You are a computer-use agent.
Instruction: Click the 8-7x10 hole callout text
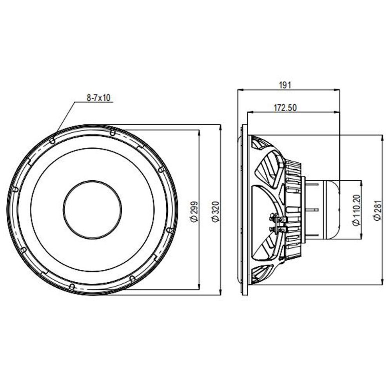click(98, 98)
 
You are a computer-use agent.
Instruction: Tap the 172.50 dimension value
click(285, 108)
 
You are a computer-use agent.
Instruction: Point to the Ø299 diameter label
click(194, 212)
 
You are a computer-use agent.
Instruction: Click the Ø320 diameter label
click(215, 212)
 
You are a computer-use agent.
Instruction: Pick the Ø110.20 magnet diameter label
click(357, 210)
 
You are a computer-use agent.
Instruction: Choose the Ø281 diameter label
click(378, 210)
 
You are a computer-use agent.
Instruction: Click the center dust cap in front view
click(92, 209)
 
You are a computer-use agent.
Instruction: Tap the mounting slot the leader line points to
click(53, 141)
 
